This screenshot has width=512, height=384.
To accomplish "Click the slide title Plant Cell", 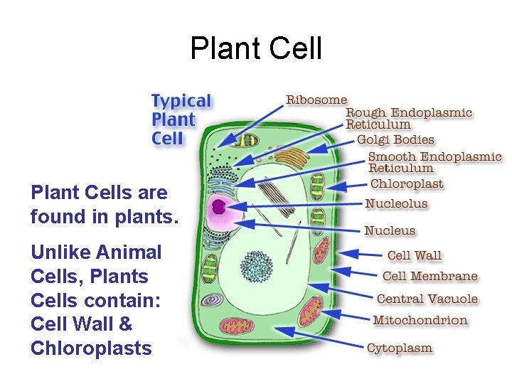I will (x=256, y=48).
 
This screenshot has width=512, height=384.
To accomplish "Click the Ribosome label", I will (x=316, y=100).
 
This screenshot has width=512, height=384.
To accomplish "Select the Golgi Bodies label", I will (x=395, y=140).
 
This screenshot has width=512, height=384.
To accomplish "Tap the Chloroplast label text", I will (x=407, y=184).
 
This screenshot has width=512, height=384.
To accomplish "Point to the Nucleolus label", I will (x=396, y=204).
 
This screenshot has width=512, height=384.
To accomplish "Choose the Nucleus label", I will (x=390, y=230).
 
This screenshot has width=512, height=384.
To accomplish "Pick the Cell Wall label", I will (x=415, y=255).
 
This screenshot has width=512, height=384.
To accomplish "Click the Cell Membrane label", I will (x=430, y=276).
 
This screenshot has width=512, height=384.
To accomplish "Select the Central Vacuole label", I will (x=427, y=299).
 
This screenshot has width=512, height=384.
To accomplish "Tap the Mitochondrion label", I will (x=420, y=320).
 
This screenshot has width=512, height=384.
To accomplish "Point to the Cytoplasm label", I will (x=400, y=348).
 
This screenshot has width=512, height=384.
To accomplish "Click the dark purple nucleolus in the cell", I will (x=219, y=207).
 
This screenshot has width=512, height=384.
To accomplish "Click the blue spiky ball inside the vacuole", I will (x=257, y=267).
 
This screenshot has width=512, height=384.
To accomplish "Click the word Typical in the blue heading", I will (x=181, y=102).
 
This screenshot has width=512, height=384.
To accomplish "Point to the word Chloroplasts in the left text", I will (x=91, y=348).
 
